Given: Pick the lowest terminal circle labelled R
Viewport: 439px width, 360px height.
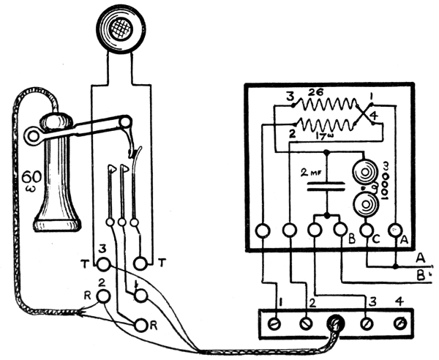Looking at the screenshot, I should tap(138, 323).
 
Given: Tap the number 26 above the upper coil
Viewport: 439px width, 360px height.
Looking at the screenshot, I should tap(316, 94).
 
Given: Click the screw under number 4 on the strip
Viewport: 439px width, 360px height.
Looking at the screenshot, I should tap(399, 322).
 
